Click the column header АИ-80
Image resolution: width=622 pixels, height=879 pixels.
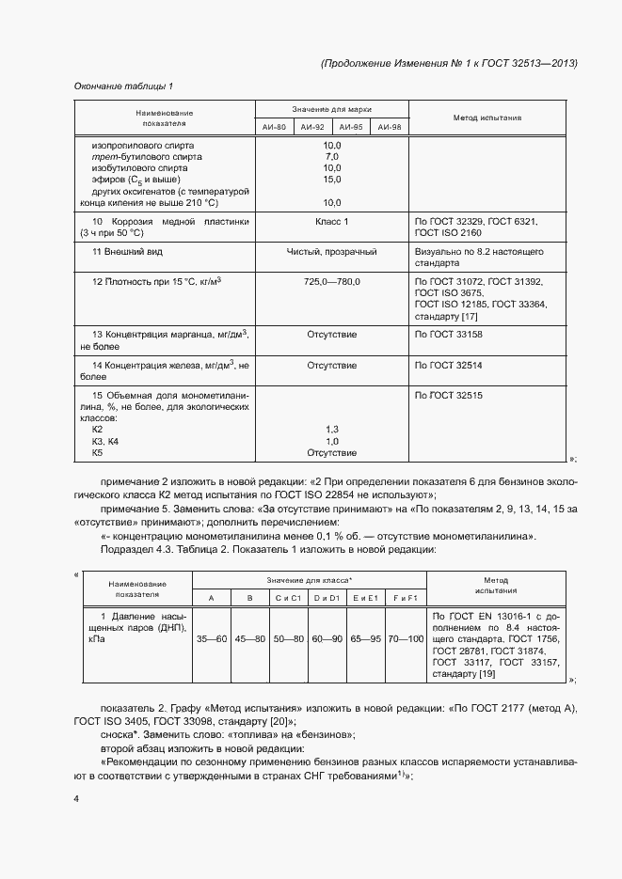click(x=273, y=127)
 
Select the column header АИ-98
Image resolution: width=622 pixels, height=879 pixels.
click(x=389, y=127)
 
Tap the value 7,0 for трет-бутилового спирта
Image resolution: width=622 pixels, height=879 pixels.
click(x=331, y=156)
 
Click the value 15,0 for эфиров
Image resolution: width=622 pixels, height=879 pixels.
click(x=331, y=179)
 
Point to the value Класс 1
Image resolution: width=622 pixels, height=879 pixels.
click(x=331, y=221)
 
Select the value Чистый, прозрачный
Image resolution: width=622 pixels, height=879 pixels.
click(x=331, y=252)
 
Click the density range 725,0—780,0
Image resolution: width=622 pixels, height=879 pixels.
click(x=331, y=282)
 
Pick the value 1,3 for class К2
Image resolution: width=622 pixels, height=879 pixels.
click(x=331, y=429)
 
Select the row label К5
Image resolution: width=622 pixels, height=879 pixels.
click(x=97, y=452)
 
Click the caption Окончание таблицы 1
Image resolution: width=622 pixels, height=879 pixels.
click(x=122, y=86)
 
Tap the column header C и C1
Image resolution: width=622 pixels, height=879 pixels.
click(x=287, y=598)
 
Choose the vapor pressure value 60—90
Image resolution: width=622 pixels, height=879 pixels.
click(x=326, y=639)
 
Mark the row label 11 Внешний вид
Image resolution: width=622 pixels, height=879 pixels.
click(x=127, y=252)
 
